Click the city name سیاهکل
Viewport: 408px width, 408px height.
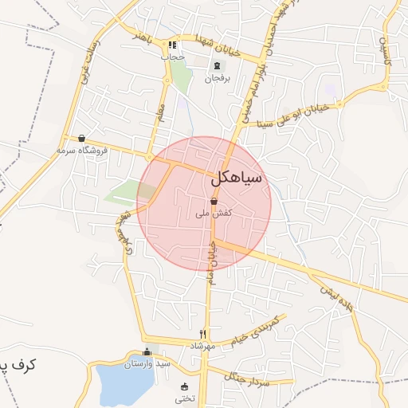coord(237,179)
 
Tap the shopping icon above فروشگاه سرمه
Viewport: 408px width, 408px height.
coord(82,138)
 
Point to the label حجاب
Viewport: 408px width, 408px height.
coord(172,57)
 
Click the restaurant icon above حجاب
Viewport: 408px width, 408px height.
coord(173,45)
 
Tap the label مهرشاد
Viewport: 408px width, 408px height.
coord(202,345)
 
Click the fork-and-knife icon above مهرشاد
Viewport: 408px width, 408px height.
coord(203,334)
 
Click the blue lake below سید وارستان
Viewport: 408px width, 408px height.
coord(124,385)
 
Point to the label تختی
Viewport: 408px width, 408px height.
coord(184,398)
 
